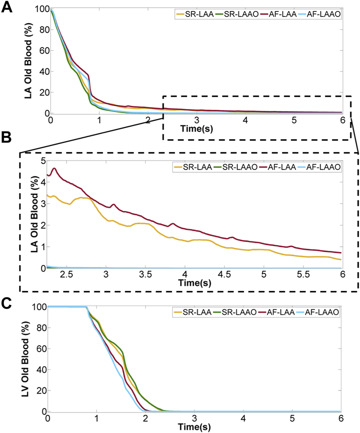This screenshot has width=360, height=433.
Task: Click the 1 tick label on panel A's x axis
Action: (99, 120)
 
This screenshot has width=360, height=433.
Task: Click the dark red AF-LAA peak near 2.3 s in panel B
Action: (54, 168)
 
